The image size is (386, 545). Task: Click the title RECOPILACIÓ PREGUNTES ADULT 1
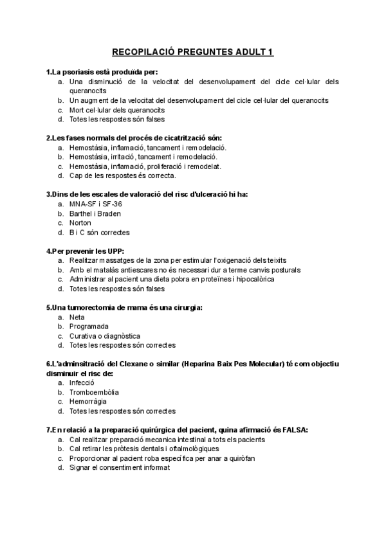pyautogui.click(x=193, y=52)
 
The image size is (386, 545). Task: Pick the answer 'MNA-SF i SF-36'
pyautogui.click(x=95, y=204)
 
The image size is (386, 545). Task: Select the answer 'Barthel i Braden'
pyautogui.click(x=95, y=213)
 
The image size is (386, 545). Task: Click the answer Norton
pyautogui.click(x=80, y=222)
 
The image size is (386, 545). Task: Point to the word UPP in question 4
pyautogui.click(x=113, y=251)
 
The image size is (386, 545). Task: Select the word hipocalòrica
pyautogui.click(x=253, y=280)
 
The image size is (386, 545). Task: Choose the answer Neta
pyautogui.click(x=77, y=317)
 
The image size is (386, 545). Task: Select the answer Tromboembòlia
pyautogui.click(x=94, y=392)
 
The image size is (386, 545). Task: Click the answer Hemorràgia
pyautogui.click(x=88, y=402)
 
